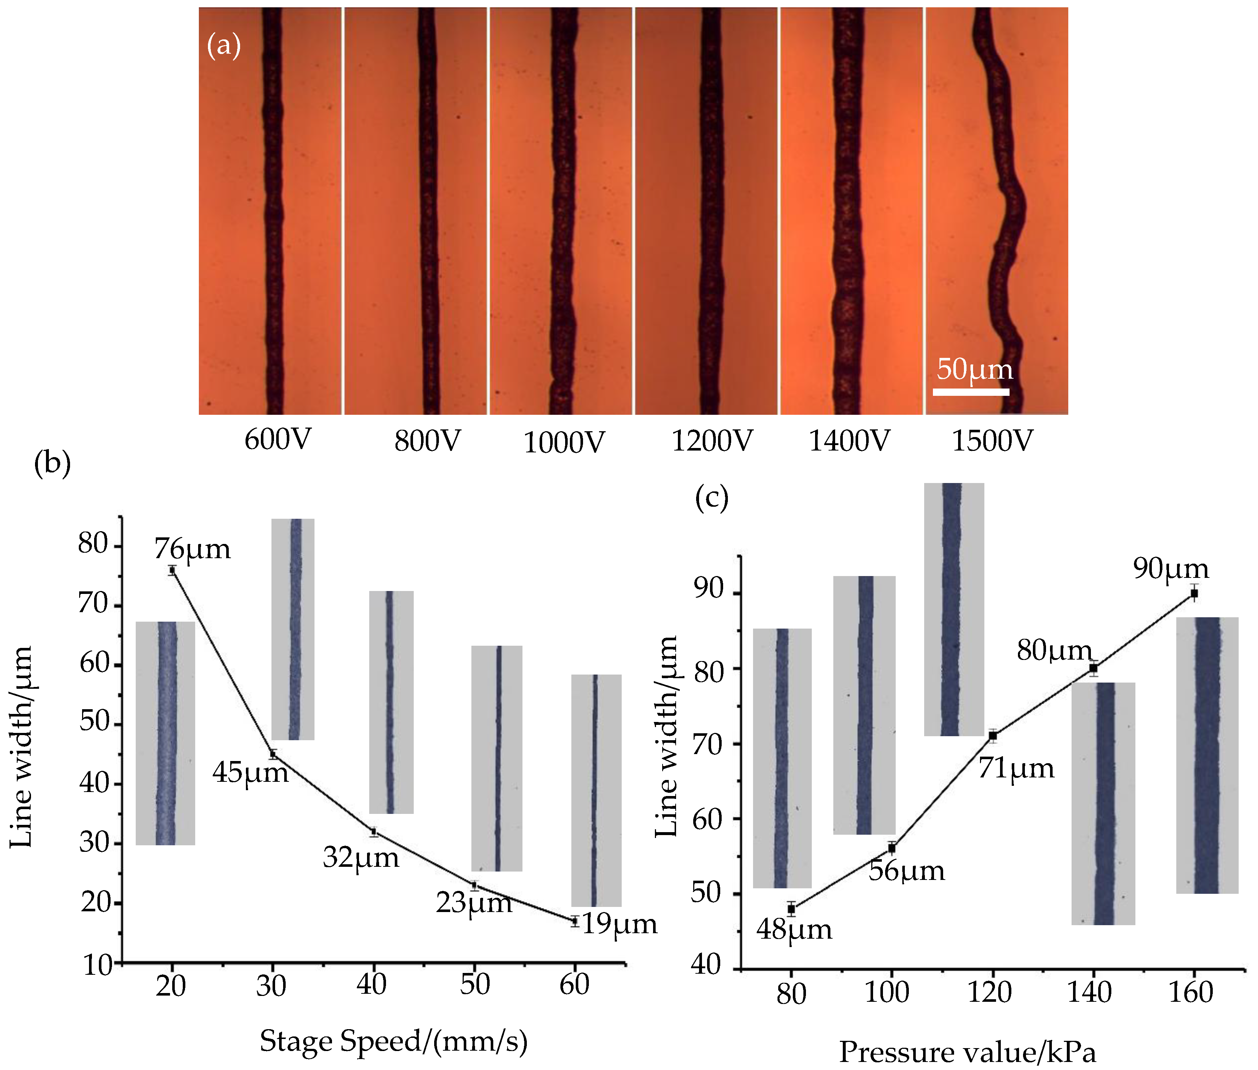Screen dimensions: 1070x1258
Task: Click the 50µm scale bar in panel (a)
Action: click(x=970, y=392)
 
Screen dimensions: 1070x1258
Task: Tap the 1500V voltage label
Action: click(x=992, y=441)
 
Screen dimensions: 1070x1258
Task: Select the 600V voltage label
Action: click(x=277, y=439)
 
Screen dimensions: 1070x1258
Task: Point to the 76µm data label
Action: click(x=192, y=549)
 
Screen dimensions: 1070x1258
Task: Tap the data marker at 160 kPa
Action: click(x=1194, y=593)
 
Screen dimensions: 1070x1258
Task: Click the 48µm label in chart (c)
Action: click(x=794, y=930)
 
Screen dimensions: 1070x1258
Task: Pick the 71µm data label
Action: click(x=1016, y=769)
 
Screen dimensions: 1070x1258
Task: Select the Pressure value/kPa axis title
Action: click(x=968, y=1053)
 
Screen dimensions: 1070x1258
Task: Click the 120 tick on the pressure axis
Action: click(x=989, y=992)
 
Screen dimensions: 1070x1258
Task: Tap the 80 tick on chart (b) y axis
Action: click(x=93, y=544)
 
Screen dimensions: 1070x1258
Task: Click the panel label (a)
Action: click(x=224, y=46)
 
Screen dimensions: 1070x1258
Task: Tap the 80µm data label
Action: click(x=1054, y=651)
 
